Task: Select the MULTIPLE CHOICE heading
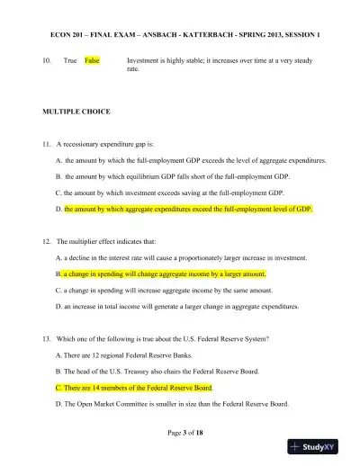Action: [x=76, y=112]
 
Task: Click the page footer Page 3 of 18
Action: [x=180, y=433]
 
